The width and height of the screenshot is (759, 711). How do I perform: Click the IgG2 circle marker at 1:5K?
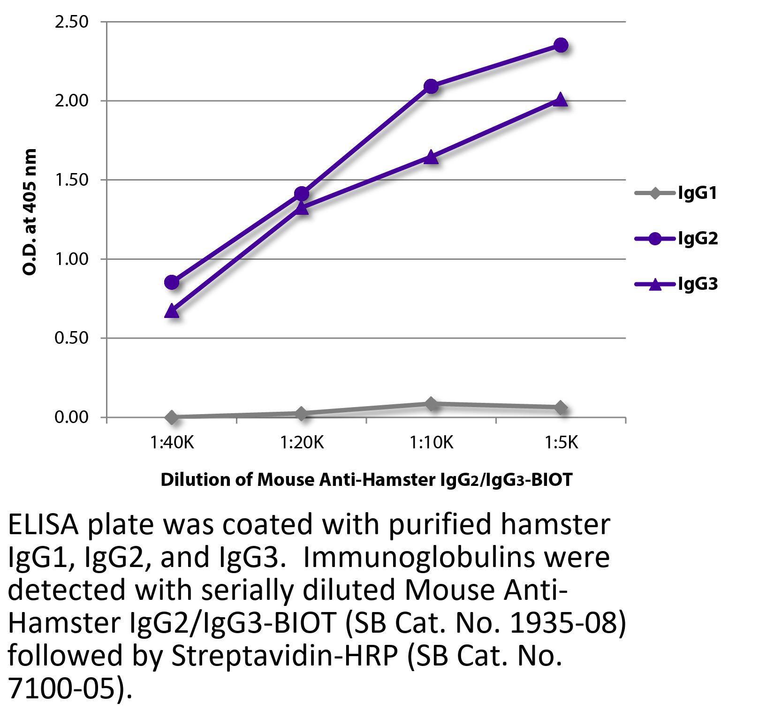561,45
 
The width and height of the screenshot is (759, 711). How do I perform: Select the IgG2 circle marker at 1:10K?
431,86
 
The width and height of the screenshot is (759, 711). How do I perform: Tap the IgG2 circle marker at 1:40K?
172,282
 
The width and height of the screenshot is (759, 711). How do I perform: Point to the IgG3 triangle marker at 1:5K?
561,100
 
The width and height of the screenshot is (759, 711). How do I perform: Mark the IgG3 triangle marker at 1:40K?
172,311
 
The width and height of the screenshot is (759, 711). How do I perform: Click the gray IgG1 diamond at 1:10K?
431,403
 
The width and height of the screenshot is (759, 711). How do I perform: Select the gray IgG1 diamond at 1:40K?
172,417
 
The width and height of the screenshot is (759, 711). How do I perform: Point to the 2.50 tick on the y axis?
72,22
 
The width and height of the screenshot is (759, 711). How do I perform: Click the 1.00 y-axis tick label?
72,259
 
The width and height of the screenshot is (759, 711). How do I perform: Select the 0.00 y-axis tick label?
72,417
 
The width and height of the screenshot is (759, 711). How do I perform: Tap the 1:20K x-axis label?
302,442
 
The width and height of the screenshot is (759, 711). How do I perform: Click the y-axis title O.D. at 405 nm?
30,212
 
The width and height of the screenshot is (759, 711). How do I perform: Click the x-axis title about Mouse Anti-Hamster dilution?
366,480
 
